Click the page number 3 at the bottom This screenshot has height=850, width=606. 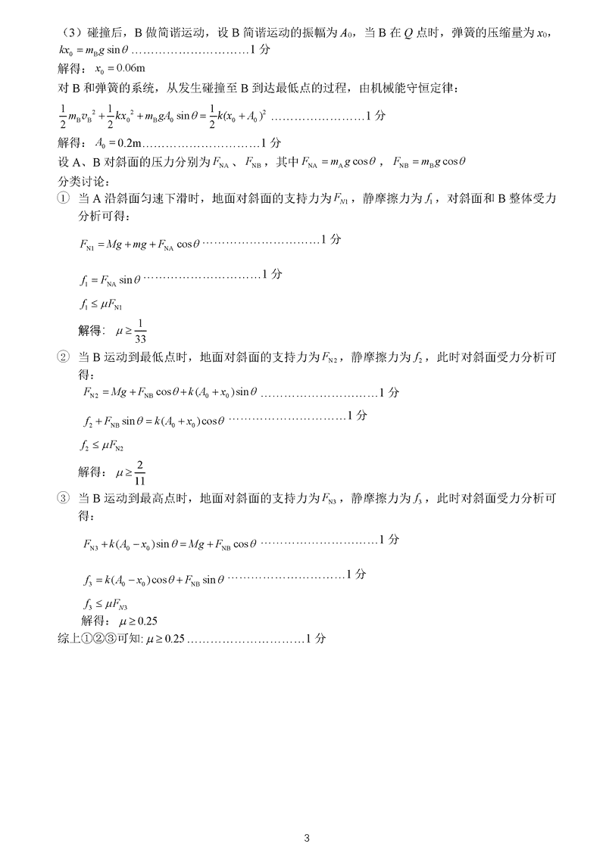306,838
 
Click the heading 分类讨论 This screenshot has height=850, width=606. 83,180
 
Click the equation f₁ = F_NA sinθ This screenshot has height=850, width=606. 110,279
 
